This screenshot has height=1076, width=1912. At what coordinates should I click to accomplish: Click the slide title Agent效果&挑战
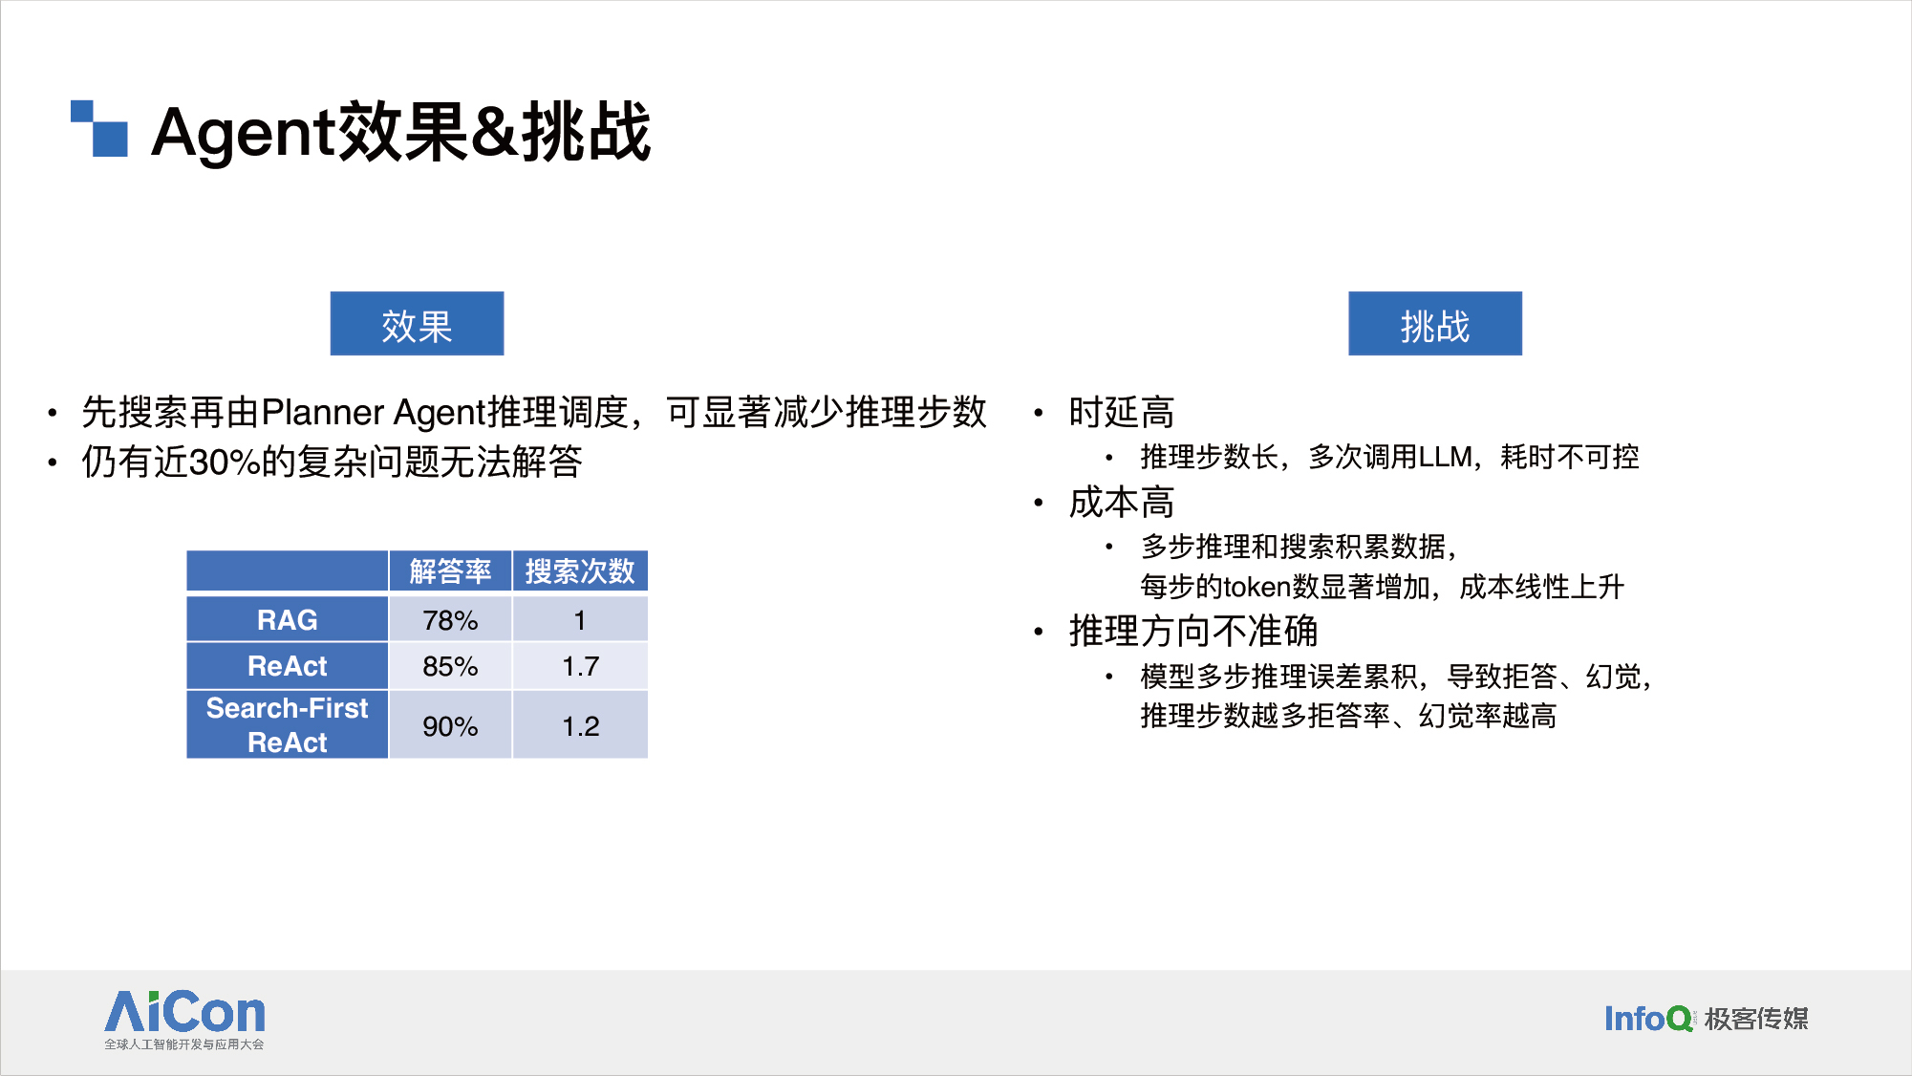point(401,132)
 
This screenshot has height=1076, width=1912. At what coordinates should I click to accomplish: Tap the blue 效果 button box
point(417,324)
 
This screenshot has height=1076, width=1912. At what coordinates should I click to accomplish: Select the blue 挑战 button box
point(1435,324)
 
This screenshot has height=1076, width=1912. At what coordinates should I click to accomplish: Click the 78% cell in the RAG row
point(450,620)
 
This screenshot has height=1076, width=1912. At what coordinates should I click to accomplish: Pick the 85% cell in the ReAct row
point(450,666)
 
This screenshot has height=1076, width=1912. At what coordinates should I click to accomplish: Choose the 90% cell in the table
point(450,726)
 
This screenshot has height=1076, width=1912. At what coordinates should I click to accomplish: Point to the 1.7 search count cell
point(580,666)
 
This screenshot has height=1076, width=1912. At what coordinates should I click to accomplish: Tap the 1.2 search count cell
point(580,726)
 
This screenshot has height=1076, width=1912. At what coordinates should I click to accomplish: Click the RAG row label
point(287,620)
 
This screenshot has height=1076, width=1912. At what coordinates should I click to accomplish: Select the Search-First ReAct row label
point(287,725)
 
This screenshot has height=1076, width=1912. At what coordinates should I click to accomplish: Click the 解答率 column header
point(450,571)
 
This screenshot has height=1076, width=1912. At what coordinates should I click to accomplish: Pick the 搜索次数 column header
point(580,571)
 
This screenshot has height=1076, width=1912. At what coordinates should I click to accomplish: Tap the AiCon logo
point(184,1020)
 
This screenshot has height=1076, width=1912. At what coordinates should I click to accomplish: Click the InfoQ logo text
point(1648,1019)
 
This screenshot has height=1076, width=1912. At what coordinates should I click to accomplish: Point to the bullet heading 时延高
point(1122,413)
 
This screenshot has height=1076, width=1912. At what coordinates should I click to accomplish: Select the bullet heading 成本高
point(1122,503)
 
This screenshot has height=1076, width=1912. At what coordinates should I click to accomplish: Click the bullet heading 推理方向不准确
point(1193,632)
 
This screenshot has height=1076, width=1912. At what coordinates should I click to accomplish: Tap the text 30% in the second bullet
point(225,463)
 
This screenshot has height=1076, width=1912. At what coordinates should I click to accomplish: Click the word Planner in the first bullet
point(322,413)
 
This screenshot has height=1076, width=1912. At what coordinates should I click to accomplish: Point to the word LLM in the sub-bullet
point(1446,457)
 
